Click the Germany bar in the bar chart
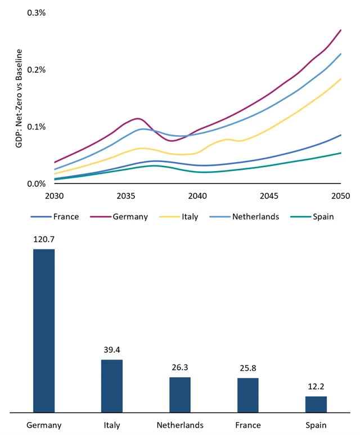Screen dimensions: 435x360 44,330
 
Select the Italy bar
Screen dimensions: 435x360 112,385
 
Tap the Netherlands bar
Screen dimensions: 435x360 180,394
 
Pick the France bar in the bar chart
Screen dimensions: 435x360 248,395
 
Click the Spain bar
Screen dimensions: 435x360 316,404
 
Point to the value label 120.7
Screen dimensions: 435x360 44,239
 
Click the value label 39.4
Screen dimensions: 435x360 112,350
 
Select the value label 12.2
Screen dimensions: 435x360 316,387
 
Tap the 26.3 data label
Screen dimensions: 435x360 180,367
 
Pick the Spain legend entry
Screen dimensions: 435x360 321,217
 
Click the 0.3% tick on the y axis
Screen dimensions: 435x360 37,12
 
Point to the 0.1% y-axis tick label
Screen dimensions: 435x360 37,127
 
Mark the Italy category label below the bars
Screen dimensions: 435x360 112,425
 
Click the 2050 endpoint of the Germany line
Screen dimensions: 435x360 341,30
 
